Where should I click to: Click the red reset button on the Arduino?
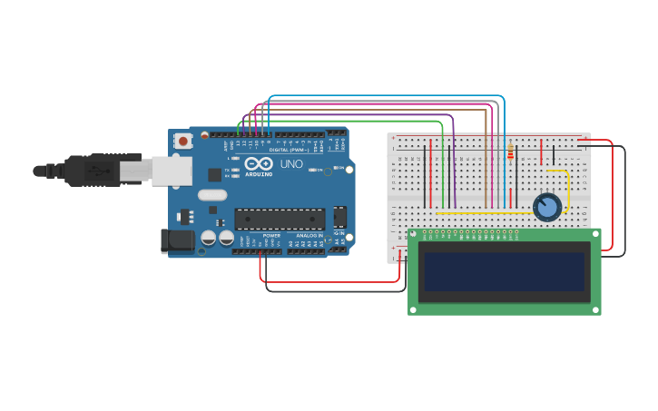point(184,141)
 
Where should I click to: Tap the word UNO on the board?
point(291,164)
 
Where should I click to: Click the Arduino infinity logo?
point(258,164)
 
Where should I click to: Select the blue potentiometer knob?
point(547,208)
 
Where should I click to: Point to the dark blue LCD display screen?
point(505,271)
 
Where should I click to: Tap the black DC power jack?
point(177,240)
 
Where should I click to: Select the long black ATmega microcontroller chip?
point(280,219)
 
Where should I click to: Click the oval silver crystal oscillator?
point(212,195)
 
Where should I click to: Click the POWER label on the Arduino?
point(271,236)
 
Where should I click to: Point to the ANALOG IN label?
point(307,236)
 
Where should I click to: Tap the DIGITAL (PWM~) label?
point(291,150)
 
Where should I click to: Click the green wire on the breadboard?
point(443,172)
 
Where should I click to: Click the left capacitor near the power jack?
point(208,238)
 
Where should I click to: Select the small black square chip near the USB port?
point(214,174)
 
